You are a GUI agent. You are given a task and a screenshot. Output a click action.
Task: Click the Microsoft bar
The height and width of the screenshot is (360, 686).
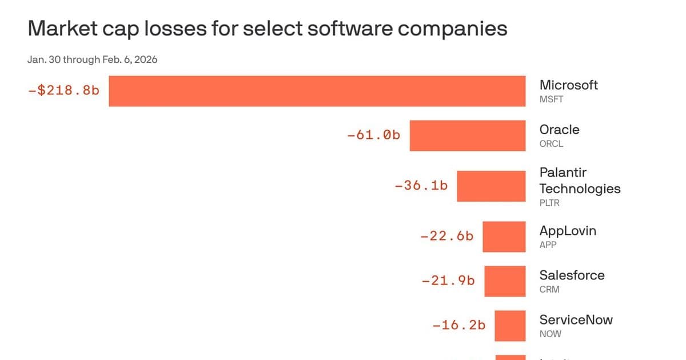[317, 91]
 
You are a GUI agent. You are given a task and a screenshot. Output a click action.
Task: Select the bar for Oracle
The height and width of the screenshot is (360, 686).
[467, 135]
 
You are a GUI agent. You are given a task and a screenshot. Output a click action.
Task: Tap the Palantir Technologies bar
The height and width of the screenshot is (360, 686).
[490, 186]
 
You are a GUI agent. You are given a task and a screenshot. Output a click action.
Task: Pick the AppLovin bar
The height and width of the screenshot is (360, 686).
[504, 237]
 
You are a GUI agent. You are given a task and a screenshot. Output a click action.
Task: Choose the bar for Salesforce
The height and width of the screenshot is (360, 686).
[504, 281]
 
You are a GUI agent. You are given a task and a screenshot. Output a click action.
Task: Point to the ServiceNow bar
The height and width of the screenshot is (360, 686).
[509, 326]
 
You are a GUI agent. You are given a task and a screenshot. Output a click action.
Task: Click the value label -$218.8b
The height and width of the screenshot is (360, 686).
[63, 90]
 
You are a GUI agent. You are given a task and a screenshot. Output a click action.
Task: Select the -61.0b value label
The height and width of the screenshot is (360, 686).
[373, 135]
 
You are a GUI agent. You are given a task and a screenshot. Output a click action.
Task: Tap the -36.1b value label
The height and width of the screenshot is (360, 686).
[421, 186]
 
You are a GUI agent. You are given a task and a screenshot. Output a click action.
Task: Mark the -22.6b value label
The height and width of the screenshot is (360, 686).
[446, 236]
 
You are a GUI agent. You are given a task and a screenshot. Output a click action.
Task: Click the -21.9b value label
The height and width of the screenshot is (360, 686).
[448, 281]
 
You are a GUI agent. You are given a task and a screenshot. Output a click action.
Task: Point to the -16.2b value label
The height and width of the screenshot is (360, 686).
[458, 325]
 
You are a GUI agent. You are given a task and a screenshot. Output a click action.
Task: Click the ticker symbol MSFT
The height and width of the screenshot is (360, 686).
[551, 99]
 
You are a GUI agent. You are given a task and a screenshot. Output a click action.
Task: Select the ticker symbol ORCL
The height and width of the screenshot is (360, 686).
[551, 144]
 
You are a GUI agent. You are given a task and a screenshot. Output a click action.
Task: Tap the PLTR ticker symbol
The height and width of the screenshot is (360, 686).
[549, 203]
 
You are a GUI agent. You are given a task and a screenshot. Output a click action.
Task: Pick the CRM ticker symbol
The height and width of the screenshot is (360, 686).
[549, 290]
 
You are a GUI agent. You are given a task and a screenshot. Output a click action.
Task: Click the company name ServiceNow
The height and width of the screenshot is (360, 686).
[576, 319]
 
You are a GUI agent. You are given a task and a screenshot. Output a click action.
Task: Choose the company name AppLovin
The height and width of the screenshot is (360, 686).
[568, 231]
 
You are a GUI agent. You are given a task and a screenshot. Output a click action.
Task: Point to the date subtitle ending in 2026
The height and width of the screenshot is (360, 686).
[92, 59]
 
